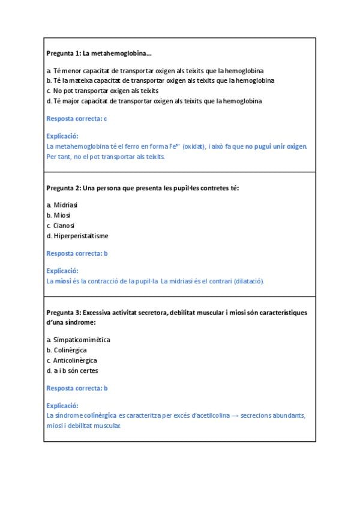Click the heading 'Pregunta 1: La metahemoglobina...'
coord(99,53)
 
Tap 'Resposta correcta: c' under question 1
coord(76,119)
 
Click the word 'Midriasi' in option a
coord(65,205)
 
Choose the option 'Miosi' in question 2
coord(62,215)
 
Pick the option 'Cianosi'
coord(64,225)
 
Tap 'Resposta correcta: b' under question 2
coord(76,253)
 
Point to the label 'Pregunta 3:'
coord(63,313)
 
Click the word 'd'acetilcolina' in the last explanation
coord(210,416)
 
